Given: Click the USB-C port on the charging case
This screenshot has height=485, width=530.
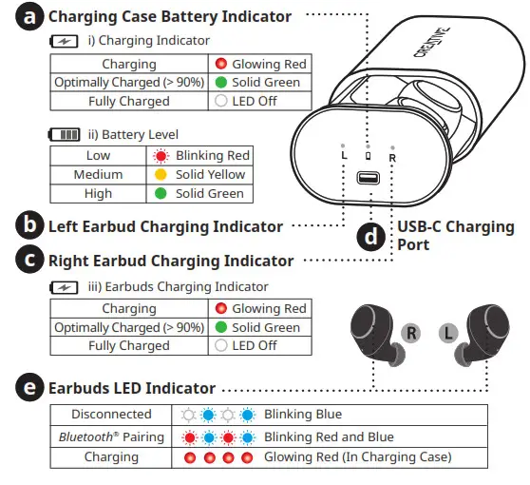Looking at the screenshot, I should [x=367, y=178].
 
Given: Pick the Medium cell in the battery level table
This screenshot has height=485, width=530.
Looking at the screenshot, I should [x=98, y=175].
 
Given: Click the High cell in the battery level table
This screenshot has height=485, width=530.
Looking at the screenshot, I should [x=98, y=194].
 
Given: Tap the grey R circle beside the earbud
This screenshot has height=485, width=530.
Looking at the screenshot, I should [x=410, y=333].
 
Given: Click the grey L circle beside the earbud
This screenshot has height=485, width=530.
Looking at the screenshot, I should [x=448, y=333].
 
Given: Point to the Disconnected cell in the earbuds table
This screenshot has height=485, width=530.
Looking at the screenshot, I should [x=111, y=415].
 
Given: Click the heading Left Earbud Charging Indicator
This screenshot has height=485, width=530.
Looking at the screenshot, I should [x=165, y=226].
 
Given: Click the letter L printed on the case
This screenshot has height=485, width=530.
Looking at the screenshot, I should [x=342, y=155].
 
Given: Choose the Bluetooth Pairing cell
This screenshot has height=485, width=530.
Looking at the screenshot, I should [x=111, y=436].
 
